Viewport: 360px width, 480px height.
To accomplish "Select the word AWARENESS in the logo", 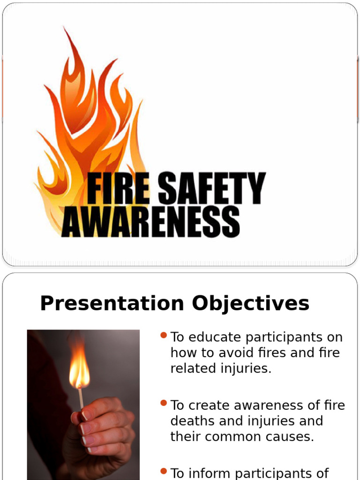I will tap(151, 222).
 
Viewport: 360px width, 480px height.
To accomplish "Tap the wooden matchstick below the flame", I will tap(81, 398).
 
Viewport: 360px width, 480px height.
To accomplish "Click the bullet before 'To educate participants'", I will tap(164, 335).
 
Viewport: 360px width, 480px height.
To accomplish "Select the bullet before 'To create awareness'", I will tap(164, 403).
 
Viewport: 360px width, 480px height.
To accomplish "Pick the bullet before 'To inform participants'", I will tap(164, 471).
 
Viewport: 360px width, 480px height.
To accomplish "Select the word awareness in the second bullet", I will tap(265, 405).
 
